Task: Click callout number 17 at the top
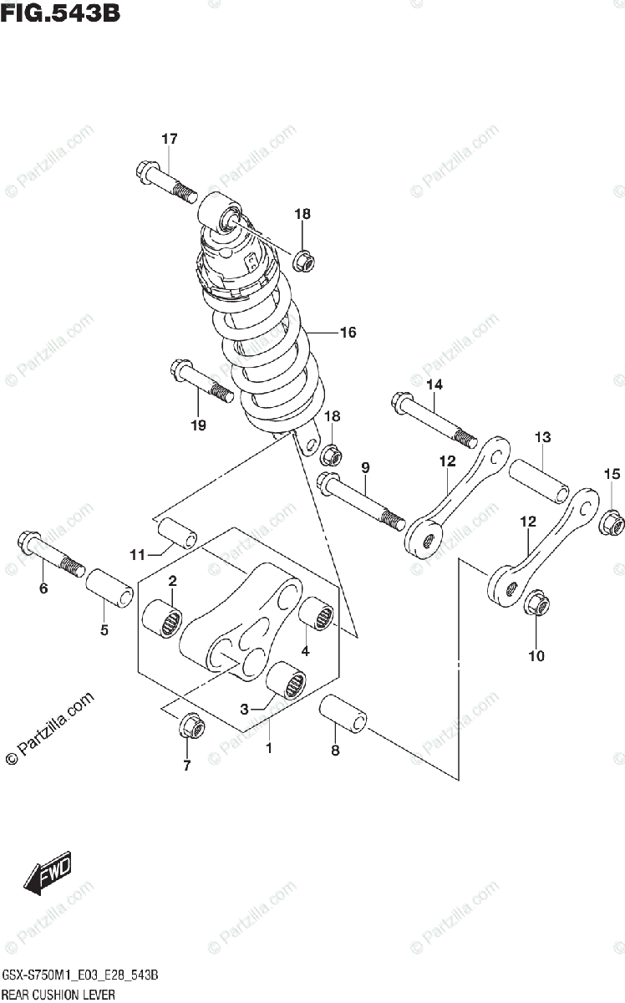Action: [x=170, y=139]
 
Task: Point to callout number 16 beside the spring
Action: [x=348, y=333]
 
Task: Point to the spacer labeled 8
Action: [x=344, y=716]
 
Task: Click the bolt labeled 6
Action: [x=50, y=552]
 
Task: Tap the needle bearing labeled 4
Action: [x=318, y=617]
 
